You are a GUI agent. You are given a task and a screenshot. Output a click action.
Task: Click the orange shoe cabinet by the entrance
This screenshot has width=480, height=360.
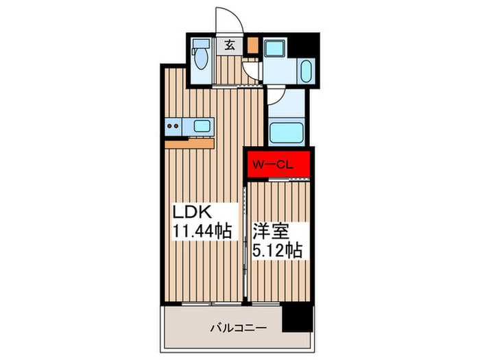[x=253, y=45]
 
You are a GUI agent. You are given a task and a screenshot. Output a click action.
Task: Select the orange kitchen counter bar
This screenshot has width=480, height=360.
[x=190, y=143]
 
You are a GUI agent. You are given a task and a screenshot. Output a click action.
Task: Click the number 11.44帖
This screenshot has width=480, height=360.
[x=202, y=231]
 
